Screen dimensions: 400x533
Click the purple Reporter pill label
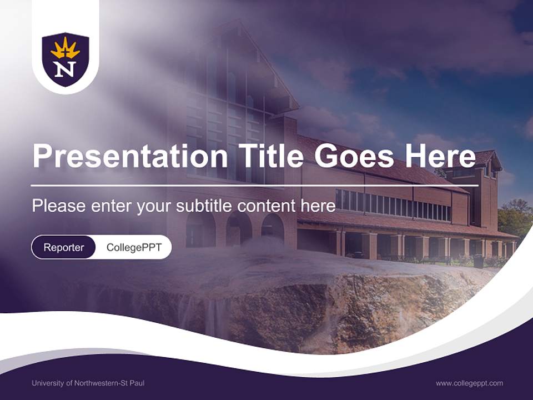point(64,247)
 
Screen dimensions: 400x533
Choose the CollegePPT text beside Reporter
point(134,247)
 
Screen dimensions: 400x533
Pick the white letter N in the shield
point(66,69)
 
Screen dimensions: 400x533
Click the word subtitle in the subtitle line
point(204,206)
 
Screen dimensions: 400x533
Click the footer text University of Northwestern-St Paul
point(88,383)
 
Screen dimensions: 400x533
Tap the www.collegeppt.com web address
point(469,383)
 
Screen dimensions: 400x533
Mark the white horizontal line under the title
point(254,185)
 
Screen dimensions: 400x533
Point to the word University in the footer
point(47,383)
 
